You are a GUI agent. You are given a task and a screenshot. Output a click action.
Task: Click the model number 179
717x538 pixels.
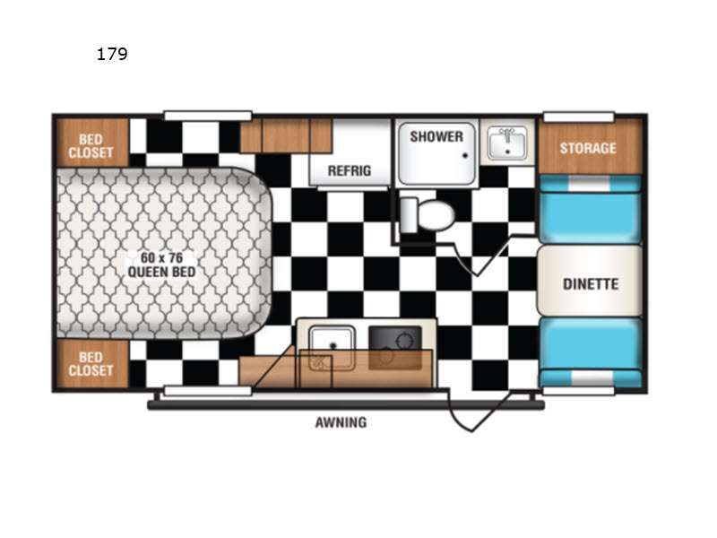tap(112, 54)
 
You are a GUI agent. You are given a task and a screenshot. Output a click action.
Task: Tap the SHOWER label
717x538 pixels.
tap(436, 136)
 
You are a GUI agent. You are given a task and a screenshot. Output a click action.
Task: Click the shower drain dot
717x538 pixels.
tap(465, 155)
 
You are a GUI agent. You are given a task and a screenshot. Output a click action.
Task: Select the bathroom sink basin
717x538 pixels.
tap(506, 143)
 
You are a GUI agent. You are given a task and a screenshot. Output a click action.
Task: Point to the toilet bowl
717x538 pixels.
tap(435, 214)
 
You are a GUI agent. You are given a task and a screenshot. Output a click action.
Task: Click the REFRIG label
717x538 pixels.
tap(350, 170)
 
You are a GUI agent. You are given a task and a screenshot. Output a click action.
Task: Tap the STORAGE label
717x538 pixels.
tap(588, 148)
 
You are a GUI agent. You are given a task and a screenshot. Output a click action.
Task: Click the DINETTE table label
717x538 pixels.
tap(591, 284)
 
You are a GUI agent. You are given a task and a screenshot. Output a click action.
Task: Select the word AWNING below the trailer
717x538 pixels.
tap(341, 422)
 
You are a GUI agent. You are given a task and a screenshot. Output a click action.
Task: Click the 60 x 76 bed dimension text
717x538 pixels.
tap(162, 257)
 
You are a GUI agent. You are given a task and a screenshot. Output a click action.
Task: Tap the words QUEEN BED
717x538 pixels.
tap(161, 273)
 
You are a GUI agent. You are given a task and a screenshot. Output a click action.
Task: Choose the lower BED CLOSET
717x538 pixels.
tap(91, 364)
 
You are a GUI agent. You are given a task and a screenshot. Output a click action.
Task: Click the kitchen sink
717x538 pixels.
tap(332, 348)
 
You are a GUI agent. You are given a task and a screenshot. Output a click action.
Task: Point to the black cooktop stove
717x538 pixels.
tap(395, 347)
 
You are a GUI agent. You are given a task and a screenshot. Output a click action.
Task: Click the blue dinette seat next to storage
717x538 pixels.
tap(591, 210)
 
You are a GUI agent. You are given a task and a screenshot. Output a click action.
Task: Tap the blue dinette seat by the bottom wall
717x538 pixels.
tap(591, 352)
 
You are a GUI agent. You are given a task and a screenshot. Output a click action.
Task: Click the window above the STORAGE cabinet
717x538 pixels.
tap(578, 117)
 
